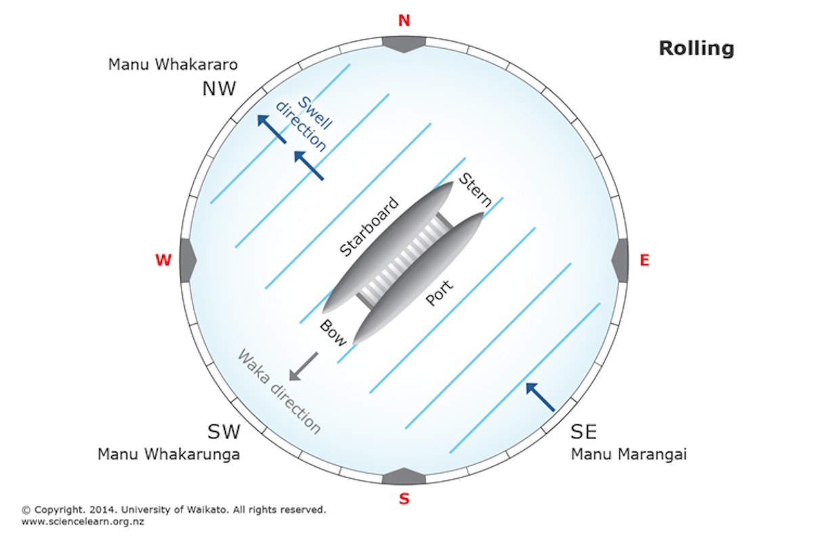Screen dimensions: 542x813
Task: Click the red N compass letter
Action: coord(404,21)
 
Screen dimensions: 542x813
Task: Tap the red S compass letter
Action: coord(404,500)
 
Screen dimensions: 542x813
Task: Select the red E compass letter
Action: coord(644,260)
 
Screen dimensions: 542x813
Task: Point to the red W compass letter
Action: coord(163,260)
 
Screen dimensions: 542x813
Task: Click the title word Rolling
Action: coord(696,49)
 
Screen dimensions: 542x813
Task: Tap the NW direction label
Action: coord(219,89)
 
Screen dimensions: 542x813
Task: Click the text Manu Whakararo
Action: coord(173,66)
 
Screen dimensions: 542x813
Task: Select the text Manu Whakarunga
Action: coord(169,454)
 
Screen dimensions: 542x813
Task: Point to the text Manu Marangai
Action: coord(629,454)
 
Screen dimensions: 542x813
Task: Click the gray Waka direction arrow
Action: coord(303,367)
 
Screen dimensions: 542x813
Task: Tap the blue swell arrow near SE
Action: coord(541,397)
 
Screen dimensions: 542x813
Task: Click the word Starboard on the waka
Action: coord(369,228)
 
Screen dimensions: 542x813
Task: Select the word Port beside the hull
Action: coord(439,293)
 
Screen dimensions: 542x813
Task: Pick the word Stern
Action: coord(476,190)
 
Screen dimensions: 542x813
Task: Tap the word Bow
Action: coord(333,332)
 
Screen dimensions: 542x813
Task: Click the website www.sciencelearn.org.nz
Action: coord(83,522)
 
